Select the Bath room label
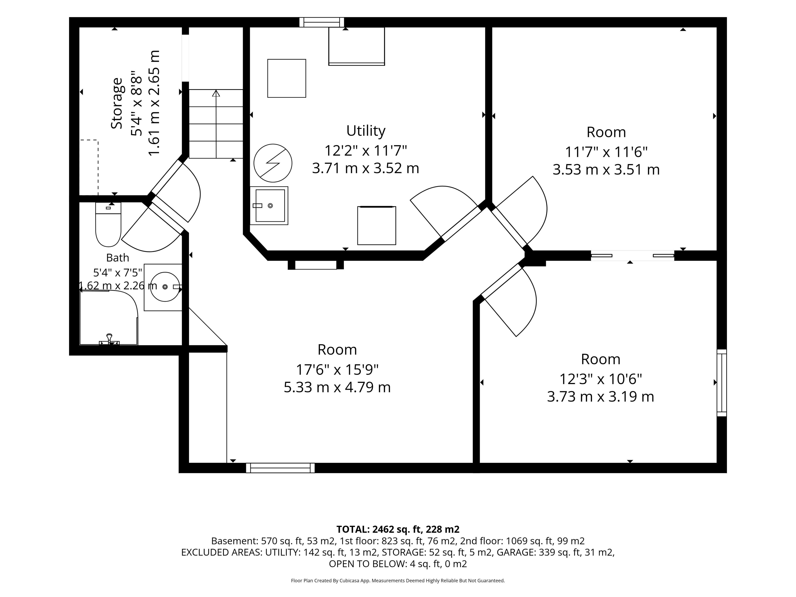click(118, 258)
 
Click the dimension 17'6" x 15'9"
click(337, 370)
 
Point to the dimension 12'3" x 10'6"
click(601, 379)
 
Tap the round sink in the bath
click(165, 287)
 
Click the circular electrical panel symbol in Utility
click(273, 163)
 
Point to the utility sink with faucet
click(269, 205)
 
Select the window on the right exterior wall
click(722, 382)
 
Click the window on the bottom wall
click(280, 468)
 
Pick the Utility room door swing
click(446, 212)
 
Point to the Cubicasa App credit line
click(398, 580)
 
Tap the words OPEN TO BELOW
click(368, 564)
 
